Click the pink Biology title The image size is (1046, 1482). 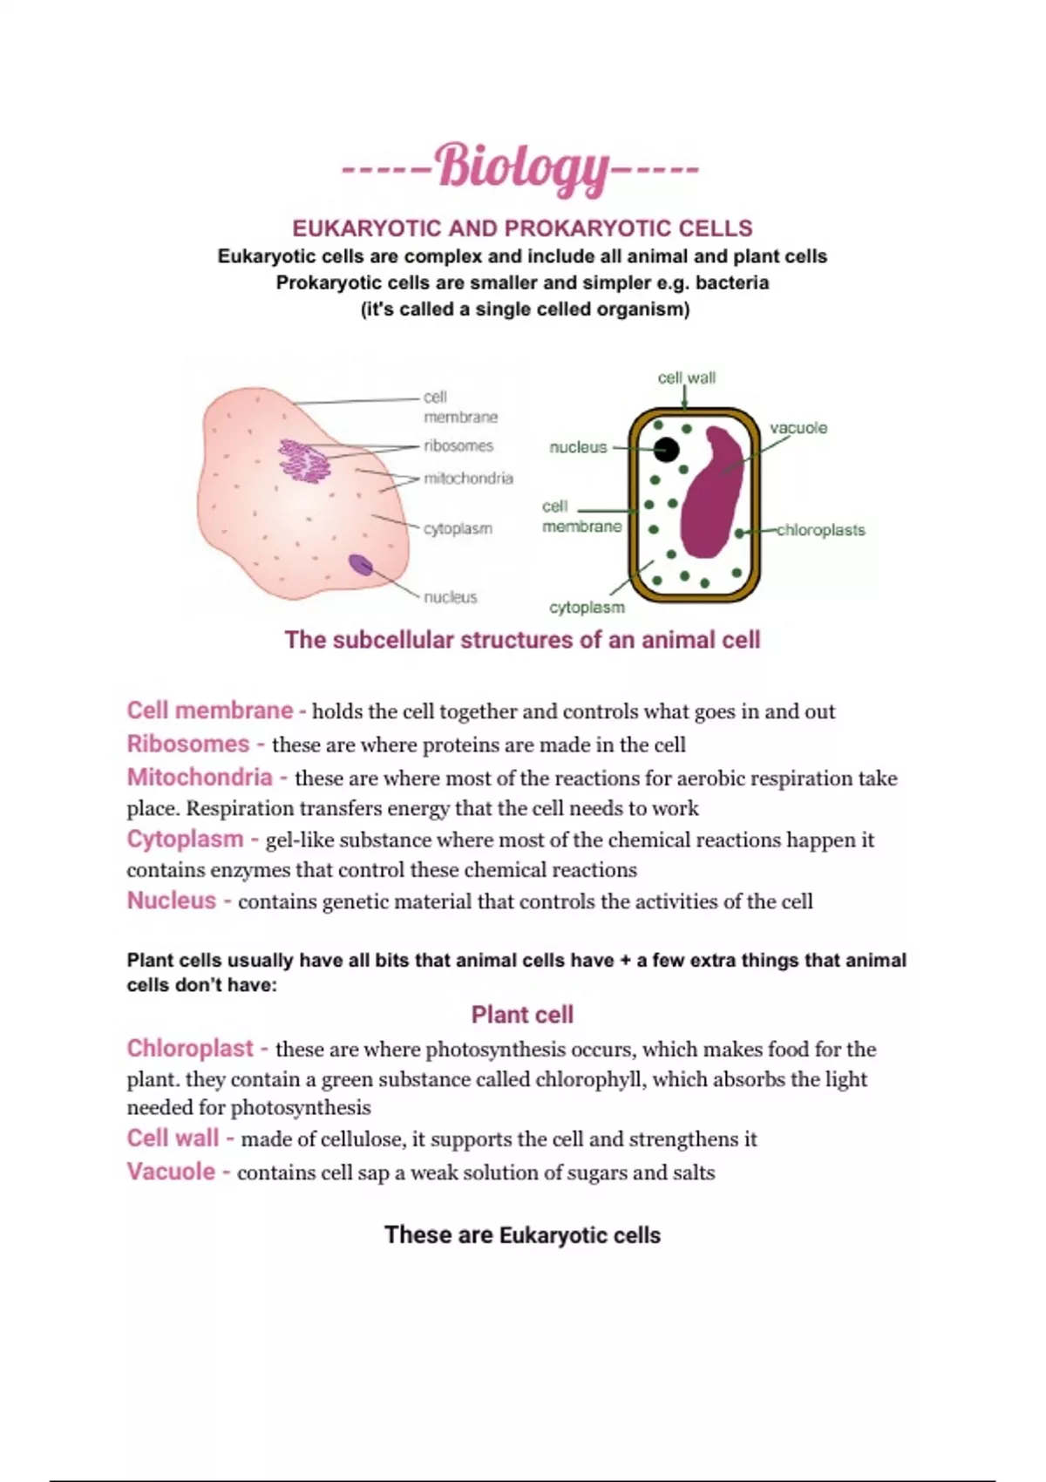point(521,167)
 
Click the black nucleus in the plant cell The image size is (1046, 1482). point(666,450)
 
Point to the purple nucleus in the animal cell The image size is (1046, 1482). point(360,565)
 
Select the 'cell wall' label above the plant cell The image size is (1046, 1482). point(686,377)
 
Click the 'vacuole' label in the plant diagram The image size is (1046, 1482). point(798,428)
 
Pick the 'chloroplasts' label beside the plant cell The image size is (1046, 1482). point(820,530)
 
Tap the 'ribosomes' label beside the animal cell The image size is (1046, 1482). point(458,445)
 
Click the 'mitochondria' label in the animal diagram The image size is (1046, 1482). point(468,478)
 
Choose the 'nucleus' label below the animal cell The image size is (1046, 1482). point(451,597)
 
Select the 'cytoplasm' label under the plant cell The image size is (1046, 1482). point(587,607)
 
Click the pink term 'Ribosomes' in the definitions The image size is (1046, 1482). point(188,744)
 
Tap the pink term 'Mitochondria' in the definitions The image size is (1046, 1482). point(200,778)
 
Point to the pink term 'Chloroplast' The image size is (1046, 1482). point(190,1048)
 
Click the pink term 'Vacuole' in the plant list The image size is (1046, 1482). point(171,1172)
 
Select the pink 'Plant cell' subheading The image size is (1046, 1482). point(522,1015)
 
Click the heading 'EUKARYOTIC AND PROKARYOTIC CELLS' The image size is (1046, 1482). point(522,228)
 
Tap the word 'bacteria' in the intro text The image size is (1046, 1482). point(732,283)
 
